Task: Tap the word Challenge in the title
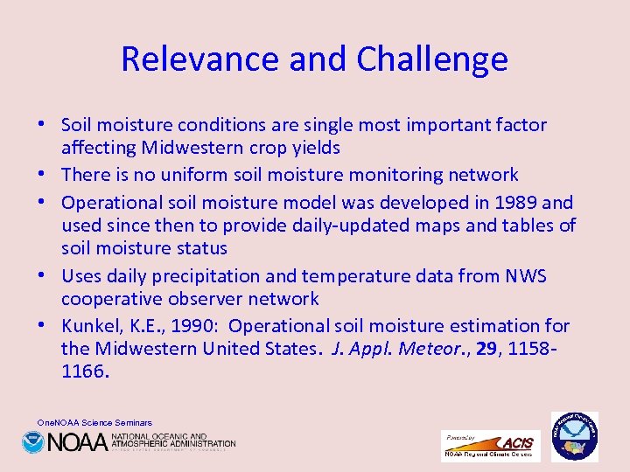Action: [432, 59]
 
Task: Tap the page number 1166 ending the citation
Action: [85, 371]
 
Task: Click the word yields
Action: [314, 148]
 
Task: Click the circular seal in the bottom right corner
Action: [574, 436]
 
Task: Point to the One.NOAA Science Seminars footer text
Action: [94, 422]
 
